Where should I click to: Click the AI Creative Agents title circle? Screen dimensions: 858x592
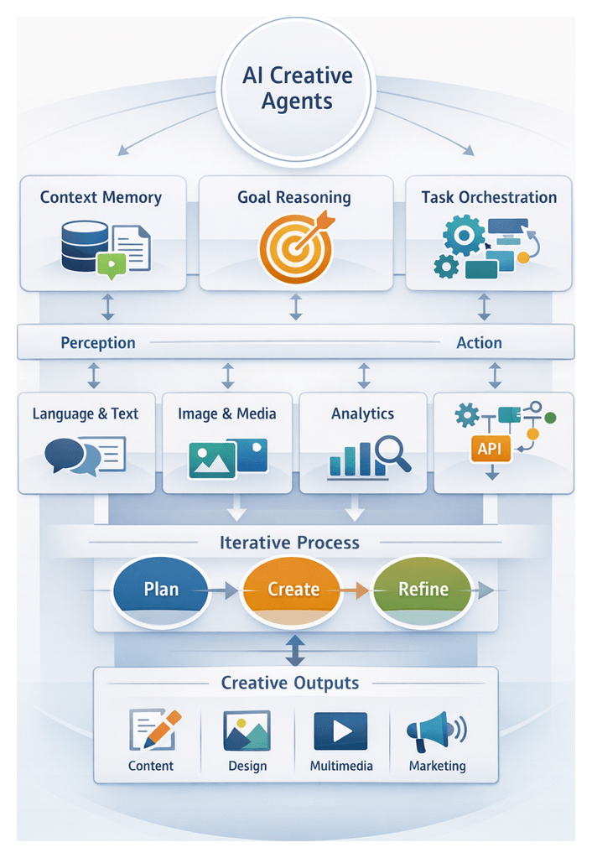click(296, 89)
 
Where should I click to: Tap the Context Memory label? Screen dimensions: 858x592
click(101, 198)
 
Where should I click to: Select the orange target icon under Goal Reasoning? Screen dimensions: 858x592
click(293, 248)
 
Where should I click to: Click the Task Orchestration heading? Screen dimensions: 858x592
click(489, 198)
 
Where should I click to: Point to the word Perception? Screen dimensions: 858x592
click(97, 343)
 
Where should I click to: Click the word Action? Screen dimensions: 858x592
click(479, 343)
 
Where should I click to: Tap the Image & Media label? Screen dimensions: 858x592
click(226, 413)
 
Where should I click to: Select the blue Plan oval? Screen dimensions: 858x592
click(160, 589)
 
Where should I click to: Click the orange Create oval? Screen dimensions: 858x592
click(293, 589)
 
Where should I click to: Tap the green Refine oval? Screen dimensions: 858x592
click(423, 589)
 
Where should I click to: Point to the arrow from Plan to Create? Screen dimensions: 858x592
click(223, 591)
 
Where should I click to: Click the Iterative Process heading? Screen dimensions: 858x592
click(289, 543)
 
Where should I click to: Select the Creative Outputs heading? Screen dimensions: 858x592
click(289, 683)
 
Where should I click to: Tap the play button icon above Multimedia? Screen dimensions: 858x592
click(340, 731)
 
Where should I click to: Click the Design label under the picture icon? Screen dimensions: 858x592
click(247, 766)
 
